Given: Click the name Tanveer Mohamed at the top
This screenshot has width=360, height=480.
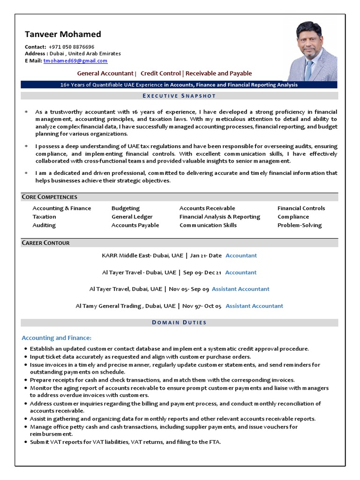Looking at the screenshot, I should coord(63,34).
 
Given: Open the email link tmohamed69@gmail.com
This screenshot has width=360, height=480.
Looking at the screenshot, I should coord(75,61).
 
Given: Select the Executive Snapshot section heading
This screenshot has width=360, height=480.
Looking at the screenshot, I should coord(179,96).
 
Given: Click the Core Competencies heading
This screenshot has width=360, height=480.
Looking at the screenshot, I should coord(50,197).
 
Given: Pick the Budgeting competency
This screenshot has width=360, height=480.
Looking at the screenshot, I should coord(126,208).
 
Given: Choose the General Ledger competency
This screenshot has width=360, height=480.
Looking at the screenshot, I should coord(132,217).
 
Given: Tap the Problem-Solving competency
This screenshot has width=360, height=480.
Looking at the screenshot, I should coord(300,225).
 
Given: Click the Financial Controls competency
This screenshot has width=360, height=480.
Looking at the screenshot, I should coord(301,208).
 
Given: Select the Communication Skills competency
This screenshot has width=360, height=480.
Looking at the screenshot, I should coord(208,225).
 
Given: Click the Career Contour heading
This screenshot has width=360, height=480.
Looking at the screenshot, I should coord(46,243).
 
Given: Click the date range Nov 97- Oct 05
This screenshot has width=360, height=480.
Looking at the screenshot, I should coord(202,306).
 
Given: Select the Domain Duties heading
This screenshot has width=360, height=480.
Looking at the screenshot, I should coord(179,322).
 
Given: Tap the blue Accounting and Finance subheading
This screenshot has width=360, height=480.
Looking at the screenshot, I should coord(57,338).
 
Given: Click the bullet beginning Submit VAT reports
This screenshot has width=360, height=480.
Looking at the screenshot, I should coord(125,442).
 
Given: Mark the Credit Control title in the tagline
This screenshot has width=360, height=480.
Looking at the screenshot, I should coord(161,73).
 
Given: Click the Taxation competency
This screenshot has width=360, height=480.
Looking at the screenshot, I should coord(44,217).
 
